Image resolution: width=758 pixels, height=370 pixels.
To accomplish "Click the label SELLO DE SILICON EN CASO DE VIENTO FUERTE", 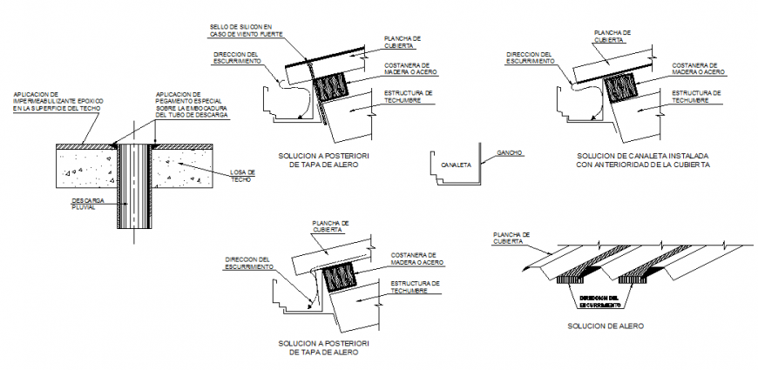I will tap(240, 30).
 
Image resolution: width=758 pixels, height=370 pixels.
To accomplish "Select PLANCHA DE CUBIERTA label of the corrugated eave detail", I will tap(511, 238).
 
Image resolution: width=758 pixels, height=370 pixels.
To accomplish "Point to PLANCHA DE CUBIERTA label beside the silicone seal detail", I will tap(403, 42).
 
